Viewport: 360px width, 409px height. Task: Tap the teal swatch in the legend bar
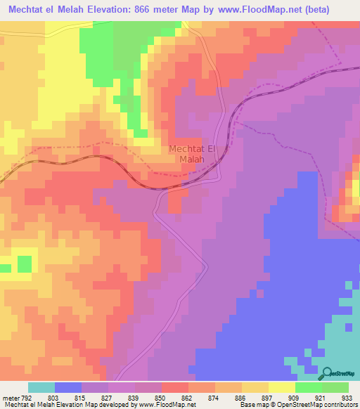coord(41,387)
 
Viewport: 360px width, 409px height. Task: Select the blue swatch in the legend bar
coord(68,387)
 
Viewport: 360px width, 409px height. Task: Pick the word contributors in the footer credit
coord(340,404)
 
